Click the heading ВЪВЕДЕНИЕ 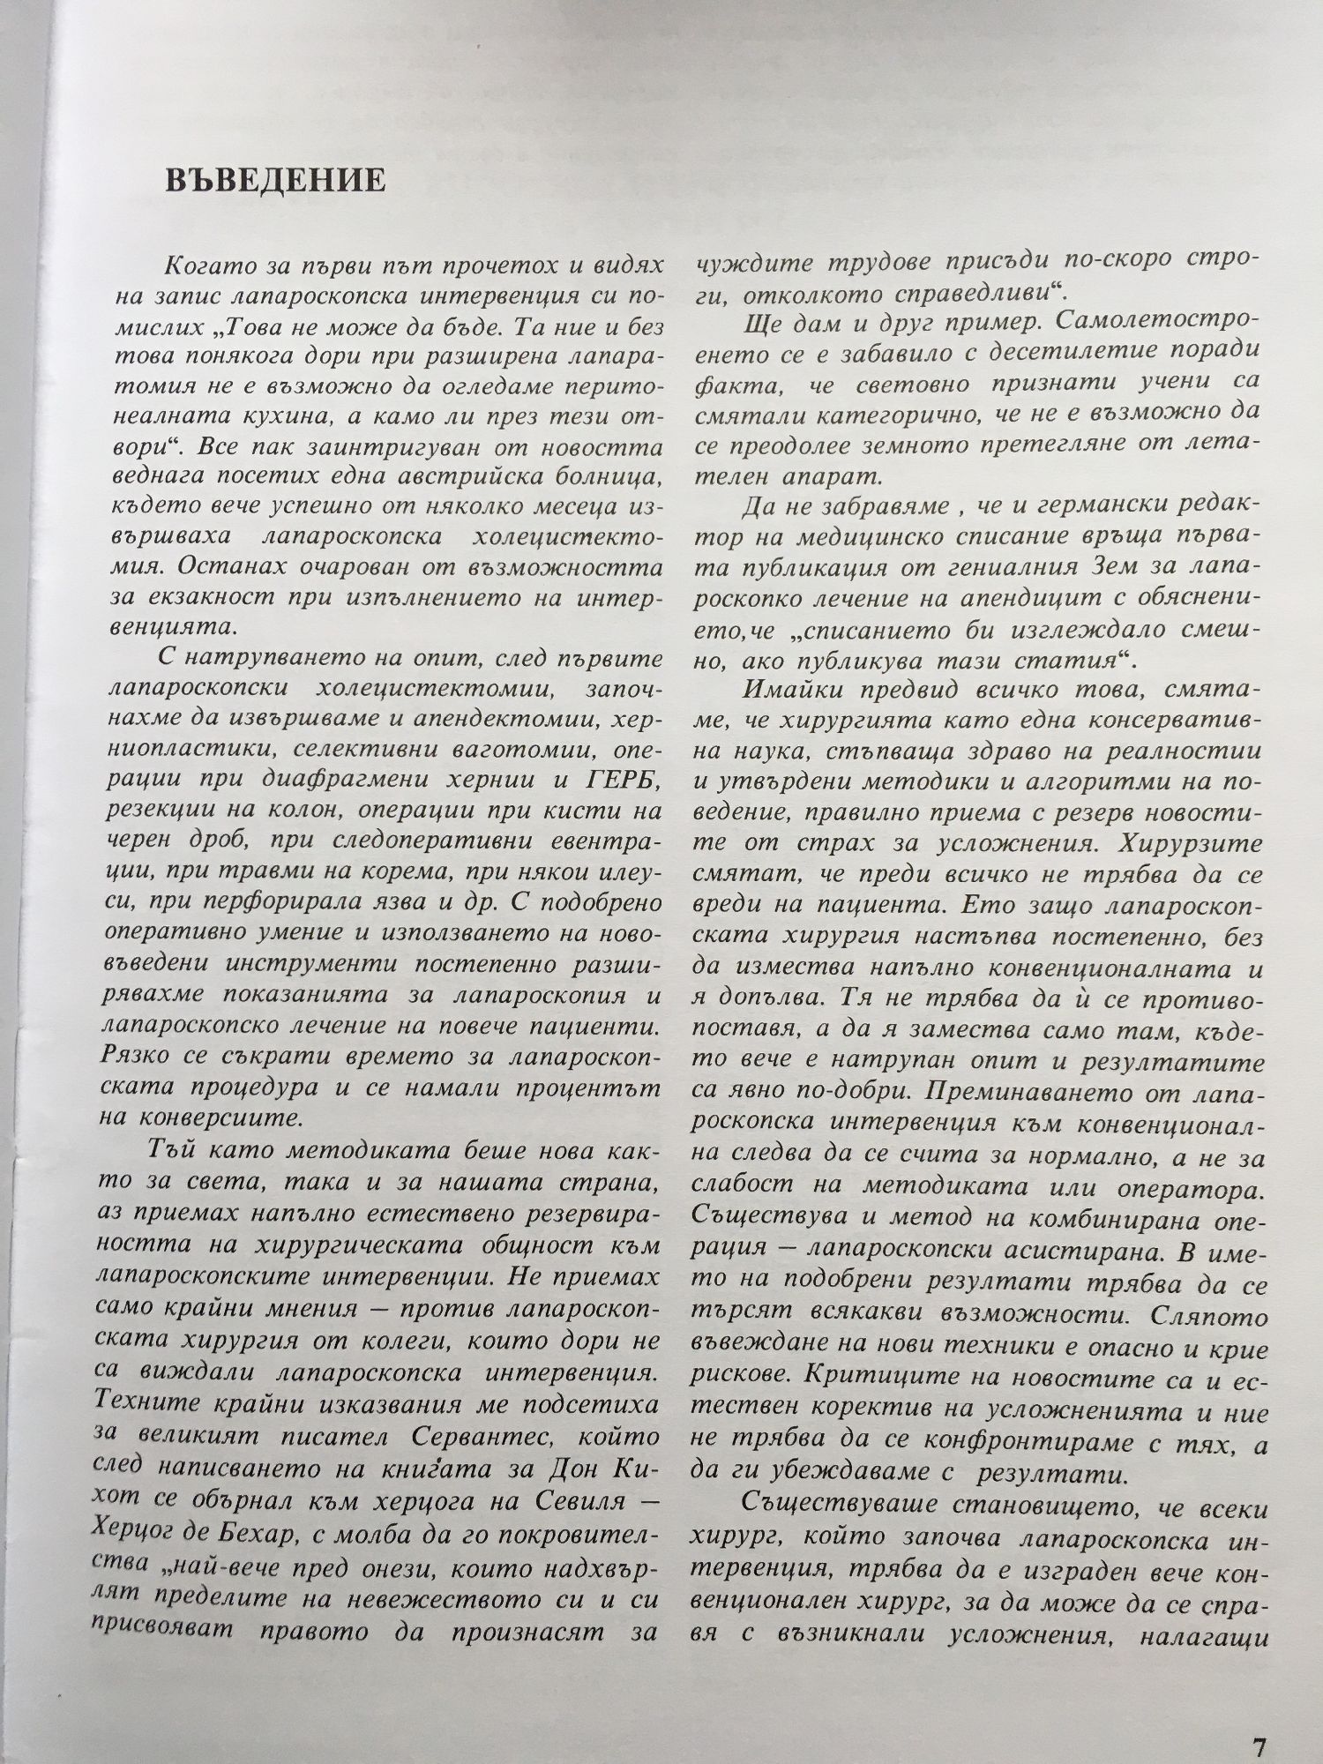(x=274, y=180)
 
